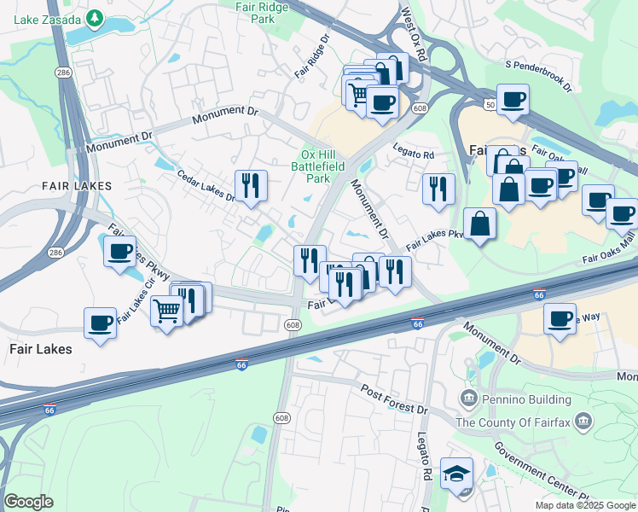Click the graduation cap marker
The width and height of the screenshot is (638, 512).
coord(456,473)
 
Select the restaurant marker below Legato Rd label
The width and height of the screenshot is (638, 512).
coord(438,189)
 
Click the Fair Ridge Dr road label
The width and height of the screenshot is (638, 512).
coord(312,56)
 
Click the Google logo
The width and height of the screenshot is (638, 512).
coord(28,502)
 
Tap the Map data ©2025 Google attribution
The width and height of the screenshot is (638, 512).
coord(584,505)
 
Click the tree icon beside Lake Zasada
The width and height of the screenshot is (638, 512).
coord(96,18)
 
